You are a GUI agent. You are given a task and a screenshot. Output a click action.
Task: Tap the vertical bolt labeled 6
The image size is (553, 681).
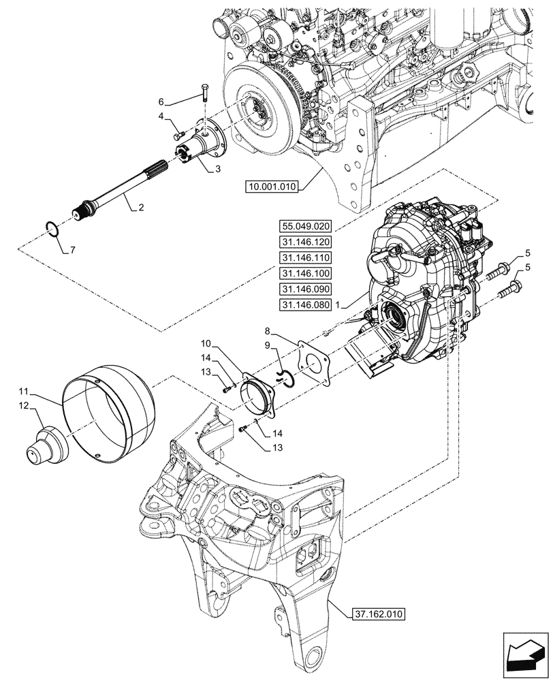[205, 90]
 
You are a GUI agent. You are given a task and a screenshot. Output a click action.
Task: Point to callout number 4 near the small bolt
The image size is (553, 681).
[161, 116]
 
